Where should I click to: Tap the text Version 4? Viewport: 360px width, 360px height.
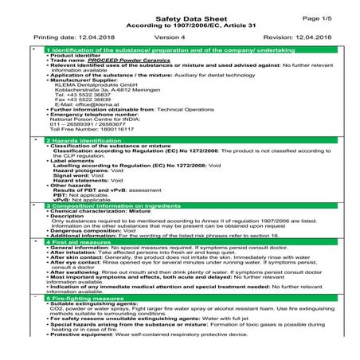point(170,37)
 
